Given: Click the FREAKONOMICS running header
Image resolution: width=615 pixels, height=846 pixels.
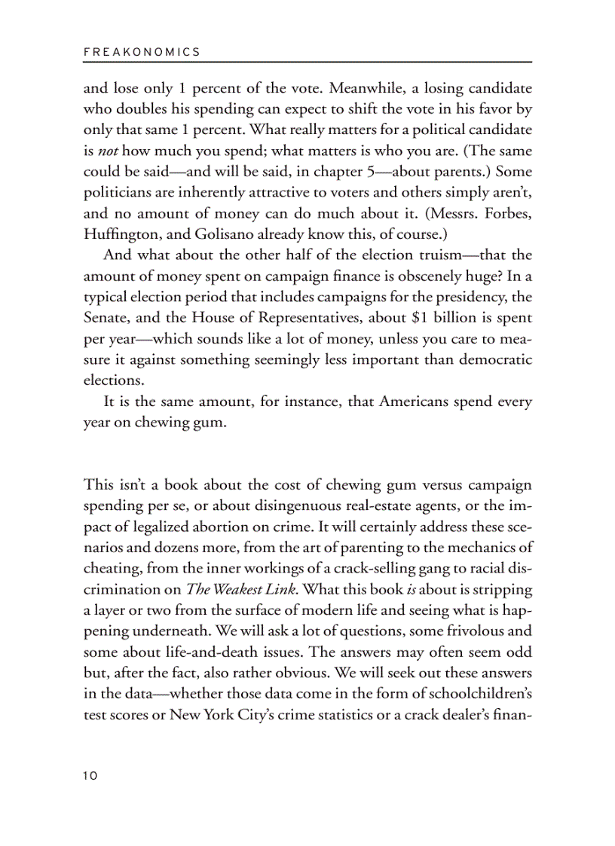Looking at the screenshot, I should pos(142,52).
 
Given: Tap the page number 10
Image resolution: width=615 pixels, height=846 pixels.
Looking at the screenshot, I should pos(90,776).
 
